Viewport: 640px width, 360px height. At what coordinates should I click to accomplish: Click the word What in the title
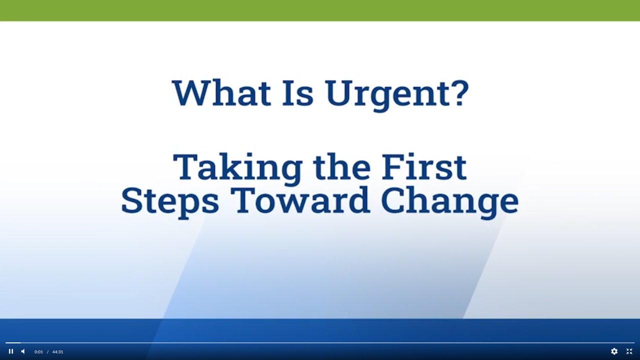pos(221,92)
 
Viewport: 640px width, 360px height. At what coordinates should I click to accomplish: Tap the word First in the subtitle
pos(424,167)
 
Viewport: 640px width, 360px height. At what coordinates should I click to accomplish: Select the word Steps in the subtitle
pos(170,201)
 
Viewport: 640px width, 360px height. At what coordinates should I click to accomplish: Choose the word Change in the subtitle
pos(449,201)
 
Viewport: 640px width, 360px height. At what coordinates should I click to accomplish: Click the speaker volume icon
pos(23,351)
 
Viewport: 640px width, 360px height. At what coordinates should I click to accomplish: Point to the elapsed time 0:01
pos(38,352)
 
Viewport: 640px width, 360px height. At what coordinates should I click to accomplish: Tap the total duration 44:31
pos(57,352)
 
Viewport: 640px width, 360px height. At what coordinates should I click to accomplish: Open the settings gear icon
pos(614,351)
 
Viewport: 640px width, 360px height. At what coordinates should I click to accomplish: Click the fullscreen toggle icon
pos(629,351)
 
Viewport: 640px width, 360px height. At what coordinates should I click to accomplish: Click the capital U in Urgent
pos(339,92)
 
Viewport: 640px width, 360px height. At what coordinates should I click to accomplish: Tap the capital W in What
pos(190,92)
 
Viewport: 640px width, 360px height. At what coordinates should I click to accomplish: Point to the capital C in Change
pos(395,200)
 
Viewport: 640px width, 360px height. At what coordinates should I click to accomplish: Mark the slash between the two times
pos(47,352)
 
